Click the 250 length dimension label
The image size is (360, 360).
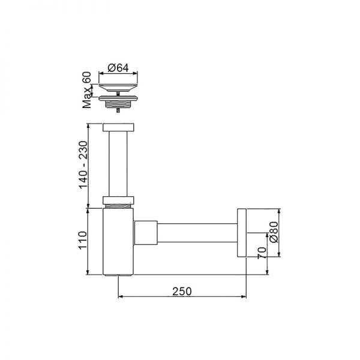(x=182, y=291)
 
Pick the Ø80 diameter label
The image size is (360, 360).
(x=274, y=231)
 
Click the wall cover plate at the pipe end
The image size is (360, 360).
(x=242, y=232)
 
